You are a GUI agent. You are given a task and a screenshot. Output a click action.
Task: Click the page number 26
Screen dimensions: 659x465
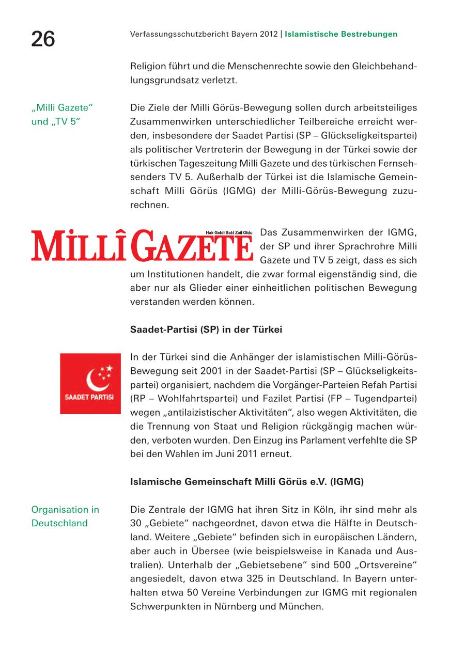tap(43, 39)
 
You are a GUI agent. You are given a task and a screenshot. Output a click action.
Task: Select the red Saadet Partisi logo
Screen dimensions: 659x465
tap(90, 383)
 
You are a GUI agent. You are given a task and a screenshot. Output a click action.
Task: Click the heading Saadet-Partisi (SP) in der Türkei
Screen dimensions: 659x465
tap(206, 329)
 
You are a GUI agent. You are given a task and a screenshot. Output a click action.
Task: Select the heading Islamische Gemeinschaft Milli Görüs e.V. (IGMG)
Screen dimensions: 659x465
tap(247, 482)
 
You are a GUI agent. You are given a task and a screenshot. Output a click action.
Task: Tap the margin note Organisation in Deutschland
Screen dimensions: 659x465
tap(65, 516)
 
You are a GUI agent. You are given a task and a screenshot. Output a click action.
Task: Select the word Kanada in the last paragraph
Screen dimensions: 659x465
tap(342, 551)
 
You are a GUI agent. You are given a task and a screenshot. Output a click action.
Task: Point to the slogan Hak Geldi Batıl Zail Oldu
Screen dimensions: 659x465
tap(228, 233)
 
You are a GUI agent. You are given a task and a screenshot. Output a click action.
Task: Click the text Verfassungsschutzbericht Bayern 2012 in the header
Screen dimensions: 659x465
tap(204, 34)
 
